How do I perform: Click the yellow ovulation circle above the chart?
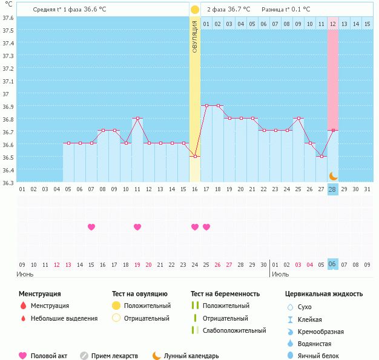click(194, 10)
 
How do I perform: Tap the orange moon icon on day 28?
click(333, 175)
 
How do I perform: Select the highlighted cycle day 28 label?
click(332, 189)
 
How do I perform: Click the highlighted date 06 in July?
click(332, 264)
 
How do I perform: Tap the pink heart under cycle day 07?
click(91, 227)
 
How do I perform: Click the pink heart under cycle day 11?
click(137, 227)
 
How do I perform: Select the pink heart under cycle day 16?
click(195, 227)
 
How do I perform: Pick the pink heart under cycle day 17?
click(206, 227)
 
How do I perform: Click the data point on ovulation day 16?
click(194, 157)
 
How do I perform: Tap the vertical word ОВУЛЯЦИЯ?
click(194, 36)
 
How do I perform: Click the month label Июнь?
click(26, 274)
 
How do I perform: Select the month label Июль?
click(280, 274)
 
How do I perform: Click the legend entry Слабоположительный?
click(234, 330)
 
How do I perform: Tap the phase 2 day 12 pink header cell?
click(333, 24)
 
